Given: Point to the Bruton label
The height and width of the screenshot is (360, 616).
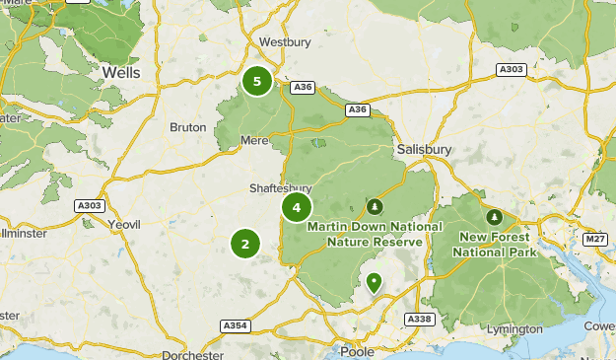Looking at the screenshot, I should pos(187,127).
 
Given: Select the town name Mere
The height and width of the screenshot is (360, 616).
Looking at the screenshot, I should pos(254,141).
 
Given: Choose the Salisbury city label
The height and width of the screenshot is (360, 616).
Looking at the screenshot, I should pos(425,149).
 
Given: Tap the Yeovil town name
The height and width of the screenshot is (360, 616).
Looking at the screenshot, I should pos(124,224).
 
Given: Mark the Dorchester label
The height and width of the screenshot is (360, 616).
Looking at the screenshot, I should pos(188,353).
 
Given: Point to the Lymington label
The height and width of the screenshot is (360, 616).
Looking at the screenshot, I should pos(513,329).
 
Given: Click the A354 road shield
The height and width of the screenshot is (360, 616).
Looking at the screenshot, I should pos(235,325).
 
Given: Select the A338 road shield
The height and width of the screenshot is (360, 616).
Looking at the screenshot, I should pos(420,319).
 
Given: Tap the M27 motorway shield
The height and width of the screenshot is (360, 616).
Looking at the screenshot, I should pos(594,239).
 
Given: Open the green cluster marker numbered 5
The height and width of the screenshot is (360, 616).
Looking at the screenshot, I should pos(257,81).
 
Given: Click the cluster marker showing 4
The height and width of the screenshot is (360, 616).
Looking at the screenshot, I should pos(297,207).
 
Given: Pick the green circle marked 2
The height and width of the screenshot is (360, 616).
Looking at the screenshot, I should pos(245,243).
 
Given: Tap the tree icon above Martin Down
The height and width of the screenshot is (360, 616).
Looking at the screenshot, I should pos(375,207).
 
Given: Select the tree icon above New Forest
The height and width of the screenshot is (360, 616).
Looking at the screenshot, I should pos(494,217).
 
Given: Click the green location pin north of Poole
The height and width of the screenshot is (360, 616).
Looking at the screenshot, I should pos(374,283).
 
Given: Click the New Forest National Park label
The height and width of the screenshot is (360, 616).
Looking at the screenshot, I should pos(494,245).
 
